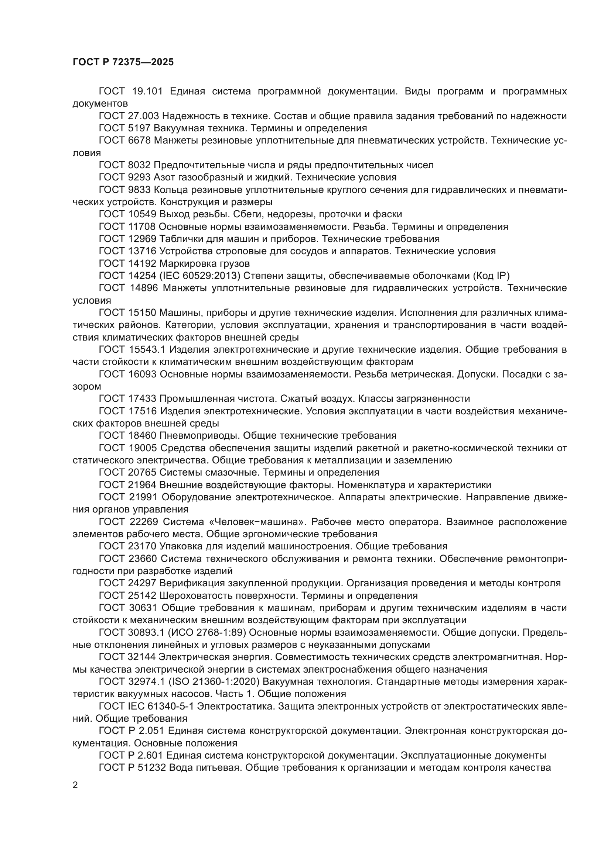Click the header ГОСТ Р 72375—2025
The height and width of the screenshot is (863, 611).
click(123, 62)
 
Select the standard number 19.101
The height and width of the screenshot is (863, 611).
click(147, 92)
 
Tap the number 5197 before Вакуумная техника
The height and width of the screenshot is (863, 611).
click(139, 128)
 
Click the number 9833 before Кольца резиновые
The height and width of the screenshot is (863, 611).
click(139, 190)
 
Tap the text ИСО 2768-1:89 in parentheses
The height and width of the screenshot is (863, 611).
click(209, 632)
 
